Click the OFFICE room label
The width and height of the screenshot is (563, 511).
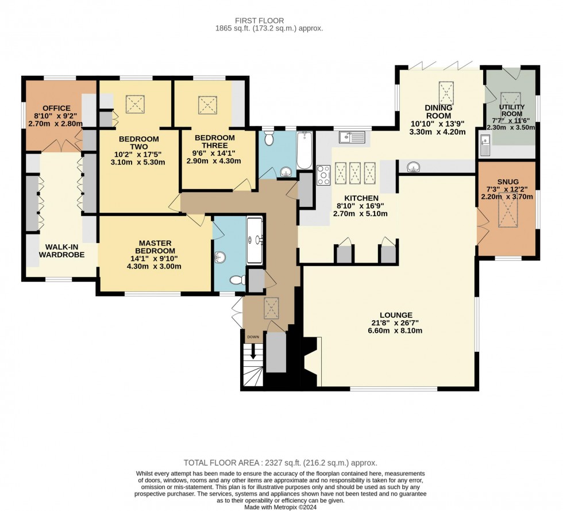tap(56, 108)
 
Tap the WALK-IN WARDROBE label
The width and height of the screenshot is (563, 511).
tap(61, 251)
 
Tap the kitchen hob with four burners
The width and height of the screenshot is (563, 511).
tap(323, 174)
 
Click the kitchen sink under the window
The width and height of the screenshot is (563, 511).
tap(352, 137)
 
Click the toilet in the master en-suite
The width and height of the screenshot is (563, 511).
tap(236, 280)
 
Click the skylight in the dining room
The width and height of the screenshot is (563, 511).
tap(446, 93)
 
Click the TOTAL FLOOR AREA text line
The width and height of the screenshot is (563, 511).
tap(280, 462)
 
